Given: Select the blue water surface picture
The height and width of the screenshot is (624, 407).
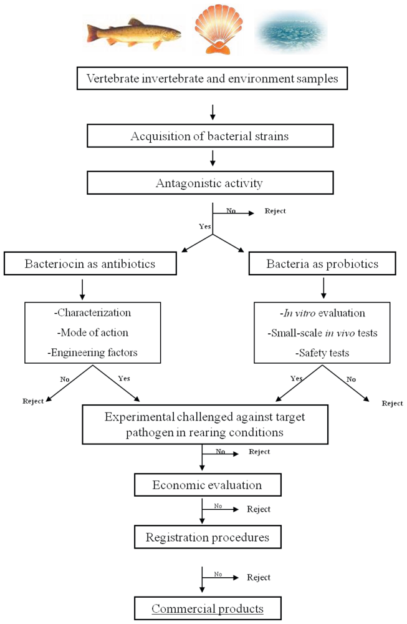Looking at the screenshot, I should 291,30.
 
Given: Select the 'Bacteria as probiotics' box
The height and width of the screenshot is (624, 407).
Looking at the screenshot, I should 322,263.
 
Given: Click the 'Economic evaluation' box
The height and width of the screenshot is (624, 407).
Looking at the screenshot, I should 208,485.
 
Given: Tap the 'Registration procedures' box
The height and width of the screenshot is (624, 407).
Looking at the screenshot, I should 208,537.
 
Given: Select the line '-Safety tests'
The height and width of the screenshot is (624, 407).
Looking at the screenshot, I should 322,353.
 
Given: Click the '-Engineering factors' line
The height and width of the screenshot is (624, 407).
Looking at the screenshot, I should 92,353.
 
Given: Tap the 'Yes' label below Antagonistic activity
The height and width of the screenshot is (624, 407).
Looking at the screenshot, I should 204,227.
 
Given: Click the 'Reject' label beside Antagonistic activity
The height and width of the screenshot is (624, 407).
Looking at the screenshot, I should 275,211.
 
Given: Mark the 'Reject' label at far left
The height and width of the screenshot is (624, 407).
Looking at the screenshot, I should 33,401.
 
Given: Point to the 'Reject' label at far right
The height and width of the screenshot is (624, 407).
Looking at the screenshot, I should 392,403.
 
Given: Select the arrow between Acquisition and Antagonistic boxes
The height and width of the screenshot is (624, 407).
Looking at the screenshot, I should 213,160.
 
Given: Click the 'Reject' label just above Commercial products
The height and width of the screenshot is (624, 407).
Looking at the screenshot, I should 259,577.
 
